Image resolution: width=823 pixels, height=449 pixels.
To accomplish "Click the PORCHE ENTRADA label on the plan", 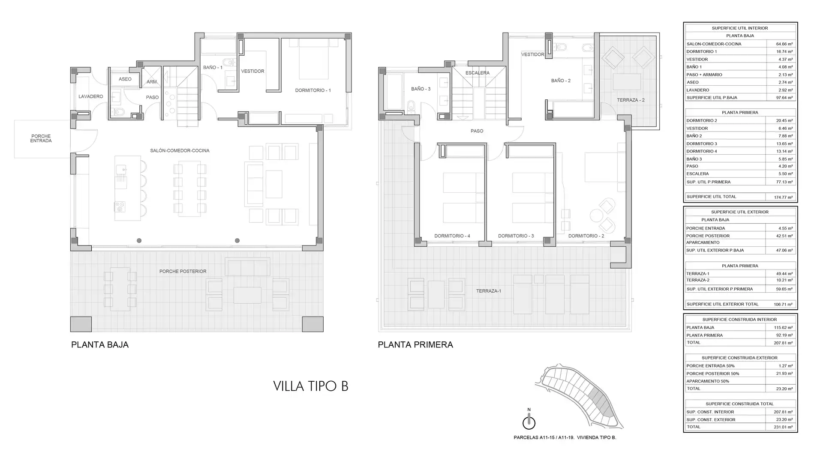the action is (41, 138).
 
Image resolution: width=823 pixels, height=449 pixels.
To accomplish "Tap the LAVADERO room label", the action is (91, 96).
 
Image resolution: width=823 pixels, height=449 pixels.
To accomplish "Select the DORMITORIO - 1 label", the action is (313, 90).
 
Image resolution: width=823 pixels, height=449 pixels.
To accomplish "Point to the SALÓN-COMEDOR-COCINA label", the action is (180, 150).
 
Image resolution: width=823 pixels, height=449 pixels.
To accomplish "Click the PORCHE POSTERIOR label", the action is (183, 271).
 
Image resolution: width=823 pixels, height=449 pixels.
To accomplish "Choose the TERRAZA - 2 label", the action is (631, 100).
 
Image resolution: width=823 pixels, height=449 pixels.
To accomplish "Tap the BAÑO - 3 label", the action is (421, 89).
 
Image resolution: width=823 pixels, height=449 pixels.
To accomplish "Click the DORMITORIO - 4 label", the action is (452, 236).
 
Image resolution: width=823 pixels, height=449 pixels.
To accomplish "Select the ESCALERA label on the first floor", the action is (478, 73).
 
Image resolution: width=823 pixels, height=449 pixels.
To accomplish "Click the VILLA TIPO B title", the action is (311, 386).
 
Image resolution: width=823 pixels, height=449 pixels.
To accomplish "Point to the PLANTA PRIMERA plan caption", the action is (415, 345).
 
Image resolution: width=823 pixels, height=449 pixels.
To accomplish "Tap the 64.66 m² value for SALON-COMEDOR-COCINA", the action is (784, 44).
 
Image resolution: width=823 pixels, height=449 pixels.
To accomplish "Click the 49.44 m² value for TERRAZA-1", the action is (784, 273).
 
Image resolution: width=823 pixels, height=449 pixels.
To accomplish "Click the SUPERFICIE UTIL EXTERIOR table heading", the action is (740, 212).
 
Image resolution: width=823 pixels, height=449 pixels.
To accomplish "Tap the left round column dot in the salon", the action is (139, 241).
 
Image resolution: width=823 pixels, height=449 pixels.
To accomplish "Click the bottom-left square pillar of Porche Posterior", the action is (81, 324).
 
